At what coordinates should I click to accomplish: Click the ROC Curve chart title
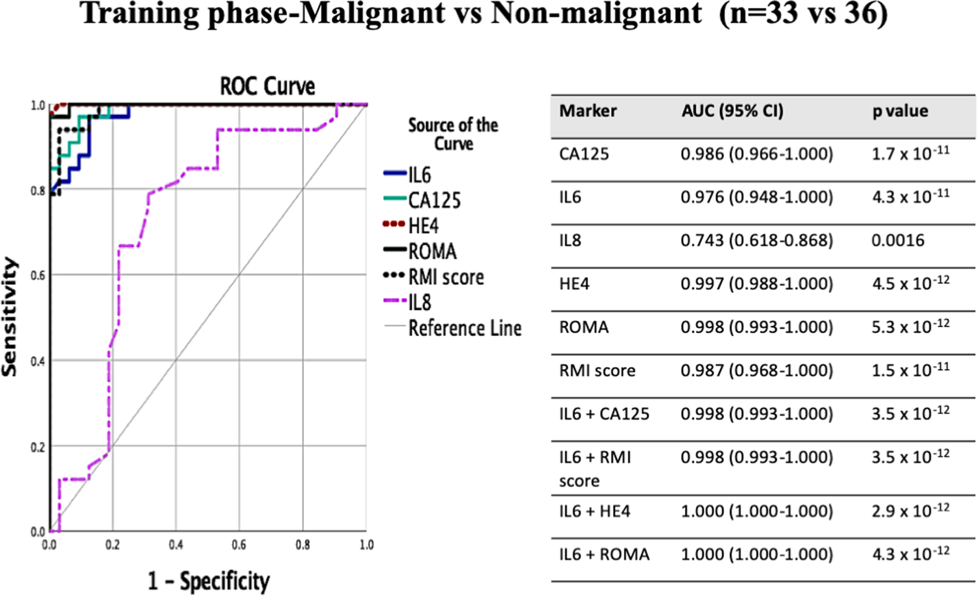[267, 86]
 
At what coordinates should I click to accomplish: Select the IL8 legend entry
[420, 303]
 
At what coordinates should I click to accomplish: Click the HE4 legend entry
[423, 226]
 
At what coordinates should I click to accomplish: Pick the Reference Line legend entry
[465, 328]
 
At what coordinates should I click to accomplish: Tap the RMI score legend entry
[446, 277]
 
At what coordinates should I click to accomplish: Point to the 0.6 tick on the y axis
[38, 275]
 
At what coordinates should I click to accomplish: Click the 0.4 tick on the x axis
[176, 545]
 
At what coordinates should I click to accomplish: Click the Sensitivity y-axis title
[10, 317]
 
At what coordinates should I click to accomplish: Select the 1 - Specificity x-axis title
[208, 581]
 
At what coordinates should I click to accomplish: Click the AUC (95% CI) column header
[732, 111]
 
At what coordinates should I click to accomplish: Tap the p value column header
[900, 111]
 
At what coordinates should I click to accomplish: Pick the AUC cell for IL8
[756, 240]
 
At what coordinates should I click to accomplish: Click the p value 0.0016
[897, 240]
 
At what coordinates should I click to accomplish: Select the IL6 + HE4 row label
[595, 511]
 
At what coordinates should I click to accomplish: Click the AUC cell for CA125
[756, 154]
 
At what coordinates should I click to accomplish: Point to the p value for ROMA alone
[910, 327]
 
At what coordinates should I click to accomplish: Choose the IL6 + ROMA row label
[604, 554]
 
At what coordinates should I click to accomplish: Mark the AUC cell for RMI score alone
[756, 371]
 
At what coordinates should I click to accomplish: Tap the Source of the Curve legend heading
[453, 134]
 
